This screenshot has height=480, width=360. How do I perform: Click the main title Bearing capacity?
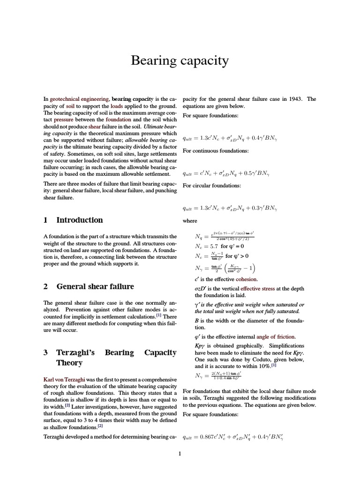(x=180, y=60)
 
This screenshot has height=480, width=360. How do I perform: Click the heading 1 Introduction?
(x=73, y=220)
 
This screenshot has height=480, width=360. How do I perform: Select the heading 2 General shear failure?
(x=89, y=286)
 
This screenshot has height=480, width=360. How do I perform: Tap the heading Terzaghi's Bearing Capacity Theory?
(x=110, y=357)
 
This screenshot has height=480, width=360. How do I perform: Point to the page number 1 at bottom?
(x=180, y=453)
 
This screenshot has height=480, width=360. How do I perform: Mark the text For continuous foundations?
(x=215, y=150)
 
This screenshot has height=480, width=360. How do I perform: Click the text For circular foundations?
(x=211, y=186)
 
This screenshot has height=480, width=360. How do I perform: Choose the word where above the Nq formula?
(x=190, y=221)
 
